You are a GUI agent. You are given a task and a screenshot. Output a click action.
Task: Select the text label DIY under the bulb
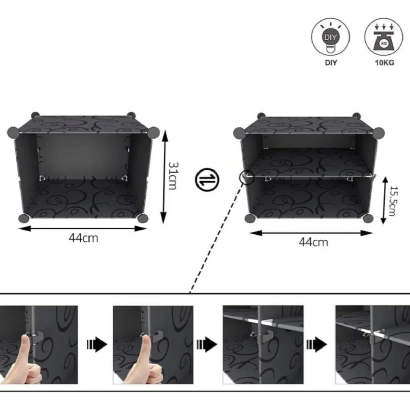[x=331, y=63]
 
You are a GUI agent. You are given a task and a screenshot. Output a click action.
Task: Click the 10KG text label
[x=384, y=63]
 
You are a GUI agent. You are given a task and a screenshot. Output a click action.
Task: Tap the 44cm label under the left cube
[x=83, y=238]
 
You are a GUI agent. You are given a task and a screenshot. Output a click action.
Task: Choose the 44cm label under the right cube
[x=313, y=242]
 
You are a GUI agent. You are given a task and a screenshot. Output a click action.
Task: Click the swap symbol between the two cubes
[x=207, y=180]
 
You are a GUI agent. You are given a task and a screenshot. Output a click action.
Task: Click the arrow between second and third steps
[x=207, y=344]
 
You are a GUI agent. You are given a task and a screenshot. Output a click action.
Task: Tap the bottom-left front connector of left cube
[x=23, y=218]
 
